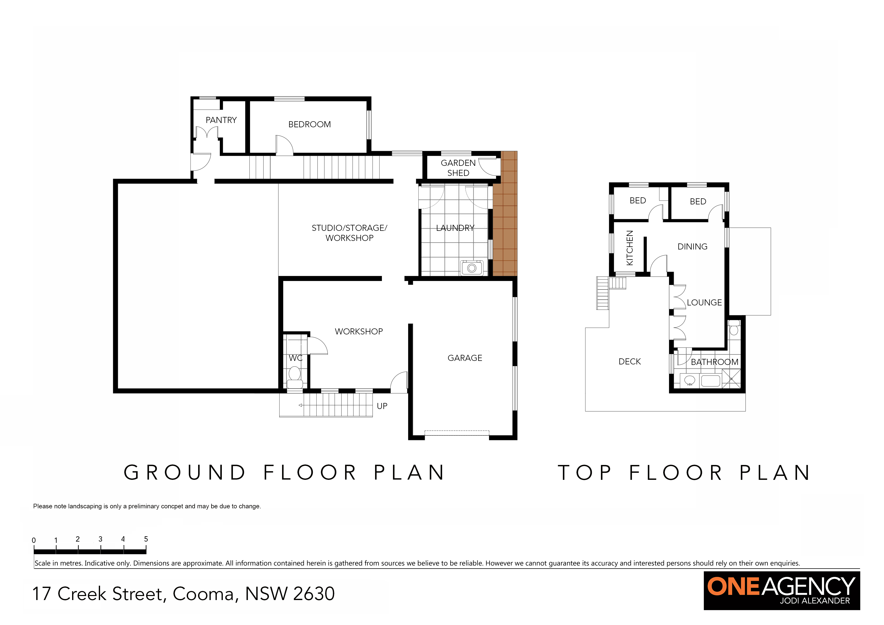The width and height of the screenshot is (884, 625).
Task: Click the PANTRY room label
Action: coord(221,120)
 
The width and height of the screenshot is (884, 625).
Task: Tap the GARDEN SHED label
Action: coord(458,168)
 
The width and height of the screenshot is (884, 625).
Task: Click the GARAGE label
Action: coord(465,358)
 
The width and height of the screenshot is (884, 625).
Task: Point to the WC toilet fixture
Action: coord(295,377)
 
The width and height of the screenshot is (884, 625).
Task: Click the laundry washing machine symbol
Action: coord(472,268)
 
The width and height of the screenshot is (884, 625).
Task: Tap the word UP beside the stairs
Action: coord(382,406)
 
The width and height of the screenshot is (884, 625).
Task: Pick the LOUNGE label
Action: coord(704,302)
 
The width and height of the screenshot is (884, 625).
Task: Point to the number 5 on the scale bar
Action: coord(146,539)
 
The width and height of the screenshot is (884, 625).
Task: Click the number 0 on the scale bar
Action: coord(34,540)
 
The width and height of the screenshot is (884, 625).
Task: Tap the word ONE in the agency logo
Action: coord(734,586)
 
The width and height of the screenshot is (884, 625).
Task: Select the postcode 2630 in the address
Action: coord(314,593)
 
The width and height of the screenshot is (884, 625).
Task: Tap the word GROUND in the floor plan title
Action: coord(185,473)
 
